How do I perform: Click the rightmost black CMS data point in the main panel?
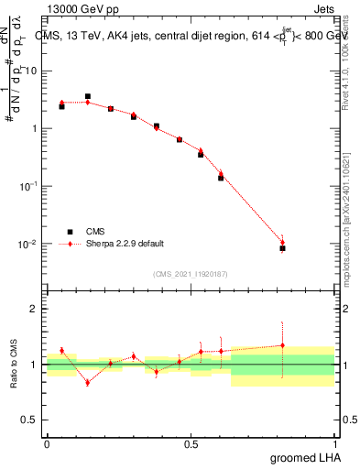(x=282, y=248)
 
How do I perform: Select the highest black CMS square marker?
(x=88, y=96)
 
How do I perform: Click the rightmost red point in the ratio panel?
(x=282, y=345)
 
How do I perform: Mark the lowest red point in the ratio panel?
(x=88, y=382)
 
